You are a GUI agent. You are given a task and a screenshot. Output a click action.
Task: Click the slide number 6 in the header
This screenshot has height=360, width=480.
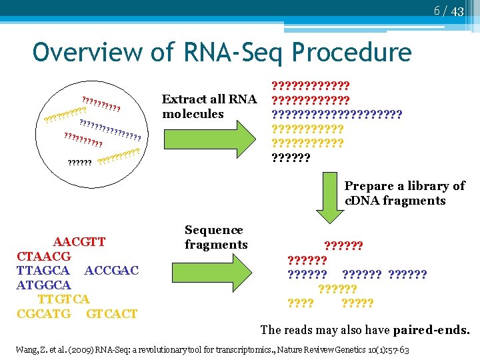click(437, 11)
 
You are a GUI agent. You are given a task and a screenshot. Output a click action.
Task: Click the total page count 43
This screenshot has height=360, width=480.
click(457, 11)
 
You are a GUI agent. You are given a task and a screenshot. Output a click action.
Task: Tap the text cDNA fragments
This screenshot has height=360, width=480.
click(395, 201)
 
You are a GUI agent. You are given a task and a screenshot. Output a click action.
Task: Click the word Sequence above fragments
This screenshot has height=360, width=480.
click(213, 230)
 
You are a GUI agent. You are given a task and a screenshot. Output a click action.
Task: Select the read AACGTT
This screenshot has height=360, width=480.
click(79, 241)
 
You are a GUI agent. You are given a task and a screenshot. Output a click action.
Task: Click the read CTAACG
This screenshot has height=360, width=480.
click(43, 256)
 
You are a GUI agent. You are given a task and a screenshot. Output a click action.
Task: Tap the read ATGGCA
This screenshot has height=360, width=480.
click(43, 285)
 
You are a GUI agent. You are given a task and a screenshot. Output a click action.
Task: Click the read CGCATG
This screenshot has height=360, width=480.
click(43, 313)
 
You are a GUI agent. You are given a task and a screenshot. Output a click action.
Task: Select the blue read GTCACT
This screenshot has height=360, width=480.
click(112, 313)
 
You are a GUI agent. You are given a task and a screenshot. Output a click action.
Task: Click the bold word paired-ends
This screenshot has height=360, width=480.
click(431, 330)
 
